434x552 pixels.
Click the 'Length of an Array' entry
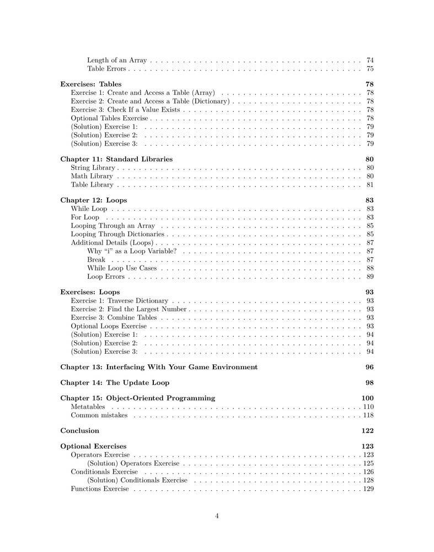pos(117,60)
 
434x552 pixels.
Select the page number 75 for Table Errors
pos(370,69)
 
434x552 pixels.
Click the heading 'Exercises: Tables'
pos(91,84)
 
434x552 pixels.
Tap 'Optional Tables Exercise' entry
pos(110,118)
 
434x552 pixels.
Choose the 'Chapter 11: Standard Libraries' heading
pos(116,159)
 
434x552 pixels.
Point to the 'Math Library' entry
pos(92,176)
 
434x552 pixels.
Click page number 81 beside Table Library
pos(370,185)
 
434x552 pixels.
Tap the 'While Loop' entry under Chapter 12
pos(89,209)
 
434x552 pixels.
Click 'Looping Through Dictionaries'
pos(118,235)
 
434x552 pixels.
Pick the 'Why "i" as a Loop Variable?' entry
pos(132,251)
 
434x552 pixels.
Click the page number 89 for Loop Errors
pos(370,277)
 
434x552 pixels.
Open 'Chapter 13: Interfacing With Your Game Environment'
pos(159,367)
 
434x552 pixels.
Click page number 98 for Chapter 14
pos(369,383)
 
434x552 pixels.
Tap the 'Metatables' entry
pos(88,407)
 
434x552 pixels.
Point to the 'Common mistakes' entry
pos(99,415)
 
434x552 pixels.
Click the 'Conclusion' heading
pos(79,431)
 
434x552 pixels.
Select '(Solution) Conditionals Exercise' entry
pos(137,480)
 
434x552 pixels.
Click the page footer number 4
pos(217,516)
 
